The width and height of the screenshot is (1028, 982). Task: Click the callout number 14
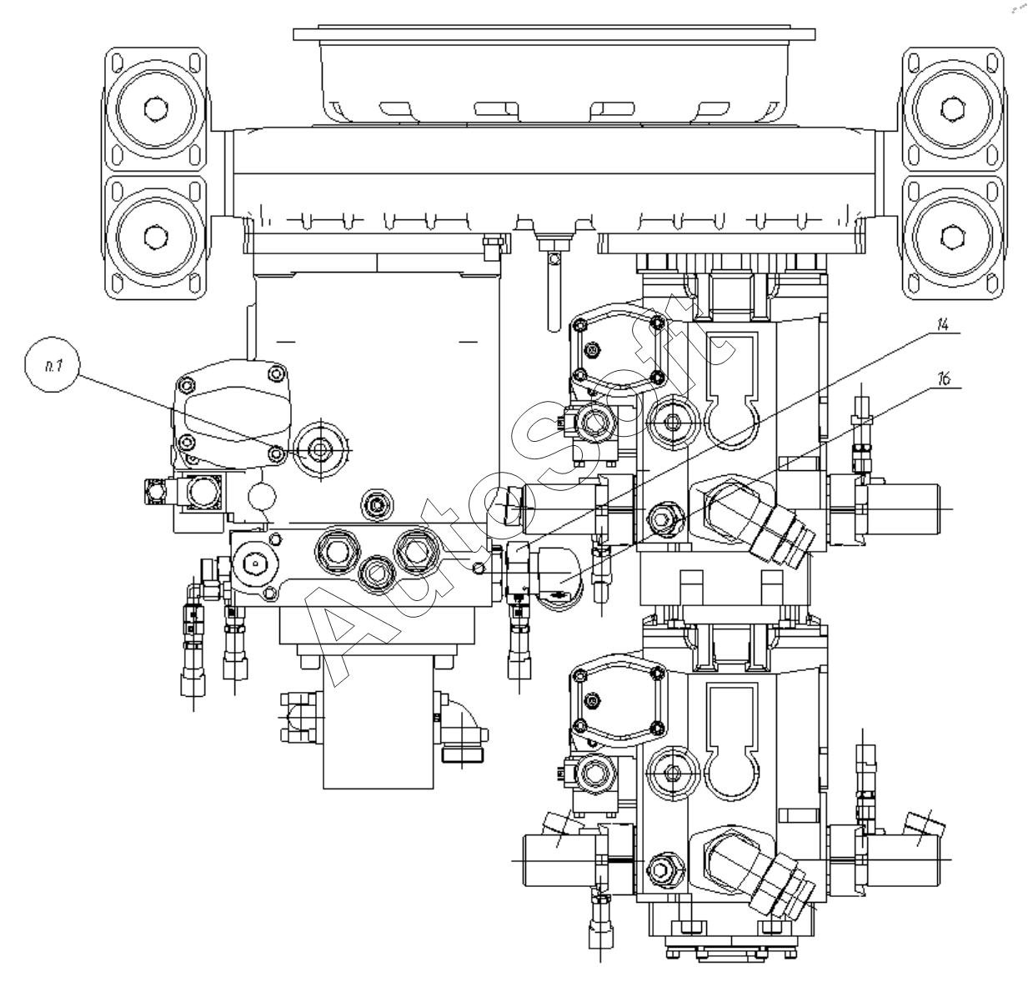[942, 324]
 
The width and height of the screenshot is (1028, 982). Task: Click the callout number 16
[944, 378]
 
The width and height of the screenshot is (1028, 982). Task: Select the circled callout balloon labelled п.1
[53, 364]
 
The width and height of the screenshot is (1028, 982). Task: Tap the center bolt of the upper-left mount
[156, 109]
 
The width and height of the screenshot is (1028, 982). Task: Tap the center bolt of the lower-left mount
[156, 236]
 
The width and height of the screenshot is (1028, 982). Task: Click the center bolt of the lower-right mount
[952, 236]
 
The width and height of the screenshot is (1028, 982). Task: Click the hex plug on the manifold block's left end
[254, 564]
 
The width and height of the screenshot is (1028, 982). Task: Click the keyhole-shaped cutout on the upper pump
[732, 391]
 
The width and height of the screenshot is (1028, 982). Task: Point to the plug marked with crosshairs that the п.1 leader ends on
[319, 449]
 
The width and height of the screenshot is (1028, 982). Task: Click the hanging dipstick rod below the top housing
[554, 291]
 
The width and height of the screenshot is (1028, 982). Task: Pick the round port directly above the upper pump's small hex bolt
[673, 422]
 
